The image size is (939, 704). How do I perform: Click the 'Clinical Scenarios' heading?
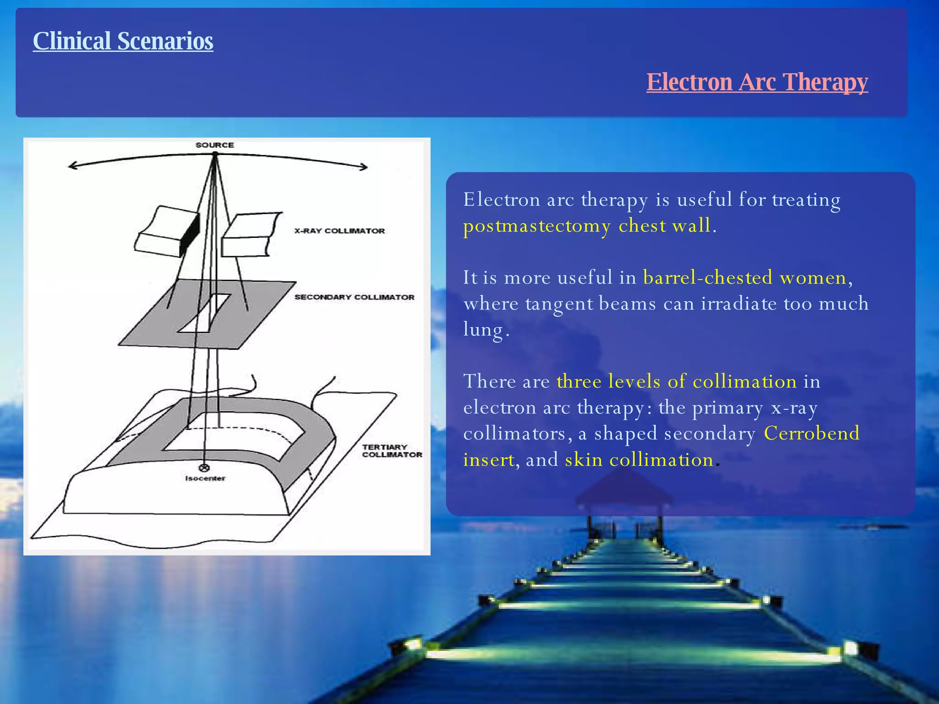[123, 41]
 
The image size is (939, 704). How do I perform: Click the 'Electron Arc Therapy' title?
[757, 82]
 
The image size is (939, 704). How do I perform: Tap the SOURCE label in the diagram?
[215, 145]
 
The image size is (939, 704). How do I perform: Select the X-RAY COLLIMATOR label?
[339, 231]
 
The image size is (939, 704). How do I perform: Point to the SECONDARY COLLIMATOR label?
[354, 297]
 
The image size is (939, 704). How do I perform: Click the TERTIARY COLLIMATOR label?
[392, 451]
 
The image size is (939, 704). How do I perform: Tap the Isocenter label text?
[205, 478]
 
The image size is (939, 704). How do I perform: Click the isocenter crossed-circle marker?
[204, 468]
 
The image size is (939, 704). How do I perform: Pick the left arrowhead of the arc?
[72, 166]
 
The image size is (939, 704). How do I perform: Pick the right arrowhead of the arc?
[364, 167]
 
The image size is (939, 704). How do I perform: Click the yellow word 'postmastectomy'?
[536, 226]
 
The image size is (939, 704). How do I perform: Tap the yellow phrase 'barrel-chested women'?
[745, 278]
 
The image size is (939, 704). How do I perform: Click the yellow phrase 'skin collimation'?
[639, 460]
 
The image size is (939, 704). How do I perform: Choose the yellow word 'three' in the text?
[579, 382]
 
